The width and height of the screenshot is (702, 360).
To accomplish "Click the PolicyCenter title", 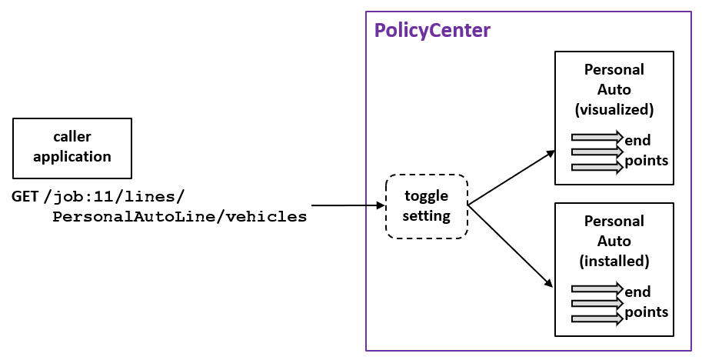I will point(431,32).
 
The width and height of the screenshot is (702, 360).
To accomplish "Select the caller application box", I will point(72,147).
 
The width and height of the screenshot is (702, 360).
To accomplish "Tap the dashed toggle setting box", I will point(426,206).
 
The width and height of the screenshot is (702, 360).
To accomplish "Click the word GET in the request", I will point(25,196).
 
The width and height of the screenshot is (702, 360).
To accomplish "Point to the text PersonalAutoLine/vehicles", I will point(179,217).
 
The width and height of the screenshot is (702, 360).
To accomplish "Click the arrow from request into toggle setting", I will point(347,206).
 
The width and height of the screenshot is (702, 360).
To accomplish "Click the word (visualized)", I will point(614,109).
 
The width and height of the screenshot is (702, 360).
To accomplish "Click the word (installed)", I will point(614,261).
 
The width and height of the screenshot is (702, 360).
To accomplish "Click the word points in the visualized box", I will point(647,160).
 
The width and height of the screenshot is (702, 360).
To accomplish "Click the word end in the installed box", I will point(637,292).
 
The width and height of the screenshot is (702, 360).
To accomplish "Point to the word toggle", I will point(426,196).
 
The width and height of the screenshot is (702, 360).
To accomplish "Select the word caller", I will point(72,137).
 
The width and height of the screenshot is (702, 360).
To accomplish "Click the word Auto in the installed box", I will point(614,241).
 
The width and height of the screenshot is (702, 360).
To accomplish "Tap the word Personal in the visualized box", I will point(614,69).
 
